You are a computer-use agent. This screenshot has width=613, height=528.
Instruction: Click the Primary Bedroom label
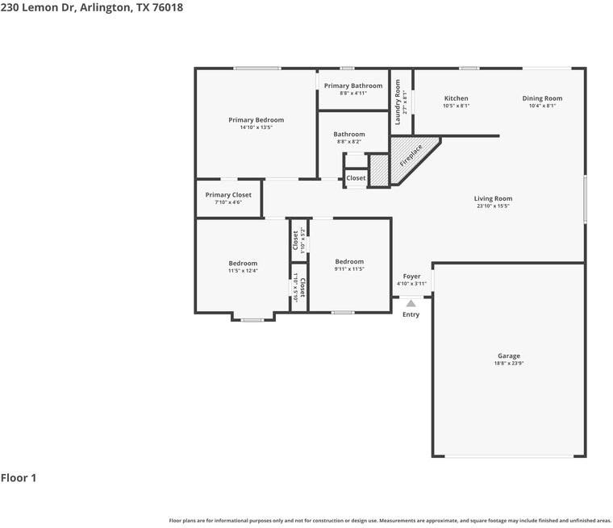click(x=256, y=120)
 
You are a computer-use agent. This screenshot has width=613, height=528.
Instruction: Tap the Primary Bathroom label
click(x=353, y=85)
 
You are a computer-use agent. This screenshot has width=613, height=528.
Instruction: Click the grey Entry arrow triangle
click(x=411, y=303)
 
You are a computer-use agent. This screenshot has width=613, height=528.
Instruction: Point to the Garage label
click(x=508, y=355)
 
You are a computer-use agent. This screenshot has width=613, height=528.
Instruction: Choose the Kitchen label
click(x=456, y=98)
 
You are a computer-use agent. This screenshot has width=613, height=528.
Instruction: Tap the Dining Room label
click(x=542, y=98)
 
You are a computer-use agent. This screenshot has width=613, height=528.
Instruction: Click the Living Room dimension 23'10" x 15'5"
click(x=493, y=206)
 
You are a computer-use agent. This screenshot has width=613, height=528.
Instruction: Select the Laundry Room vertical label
click(x=397, y=102)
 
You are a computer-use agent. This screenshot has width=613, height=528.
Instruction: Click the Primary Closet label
click(x=228, y=195)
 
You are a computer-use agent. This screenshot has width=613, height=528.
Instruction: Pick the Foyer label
click(x=411, y=276)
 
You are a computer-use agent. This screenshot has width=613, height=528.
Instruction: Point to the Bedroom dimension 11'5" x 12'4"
click(x=243, y=271)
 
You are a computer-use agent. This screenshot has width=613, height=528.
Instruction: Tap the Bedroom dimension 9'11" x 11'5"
click(x=349, y=268)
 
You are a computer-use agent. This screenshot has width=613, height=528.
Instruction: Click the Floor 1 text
click(x=19, y=478)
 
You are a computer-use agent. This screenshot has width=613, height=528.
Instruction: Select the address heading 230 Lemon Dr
click(x=91, y=6)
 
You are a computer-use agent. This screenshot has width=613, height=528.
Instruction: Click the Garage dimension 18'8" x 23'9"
click(x=508, y=364)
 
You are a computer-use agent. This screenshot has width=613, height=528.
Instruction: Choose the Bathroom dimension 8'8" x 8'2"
click(x=349, y=142)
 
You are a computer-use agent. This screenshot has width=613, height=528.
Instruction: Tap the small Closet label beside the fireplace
click(x=356, y=178)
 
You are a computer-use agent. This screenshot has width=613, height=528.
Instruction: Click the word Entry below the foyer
click(x=411, y=314)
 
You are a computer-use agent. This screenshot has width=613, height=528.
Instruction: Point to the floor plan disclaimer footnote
click(x=390, y=521)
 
